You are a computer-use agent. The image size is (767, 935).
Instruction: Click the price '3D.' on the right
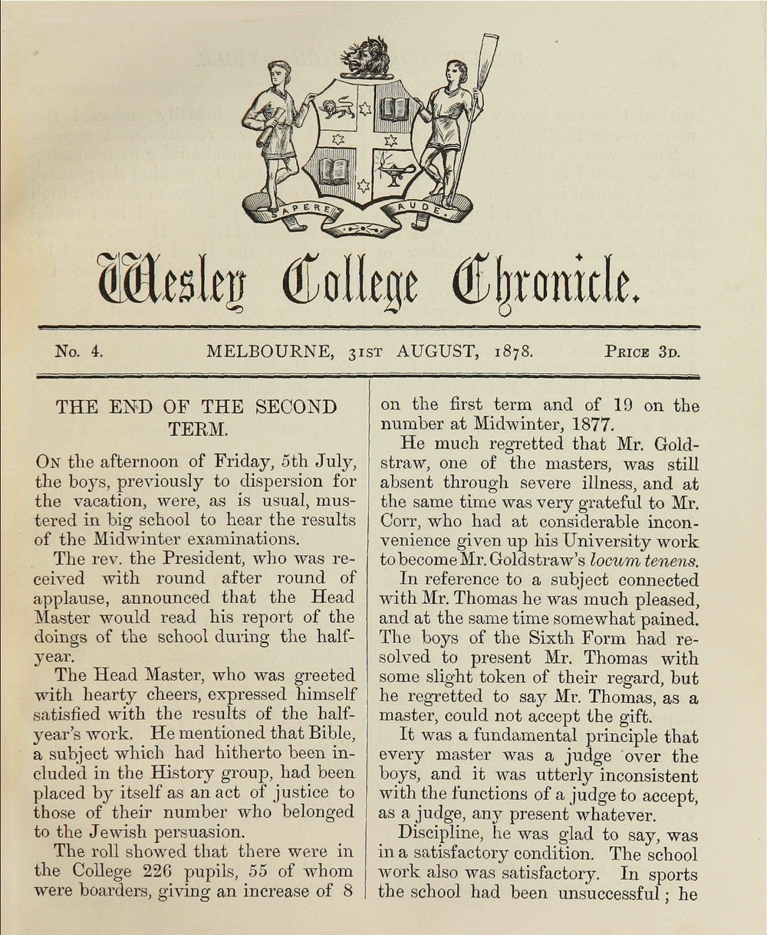667,353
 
